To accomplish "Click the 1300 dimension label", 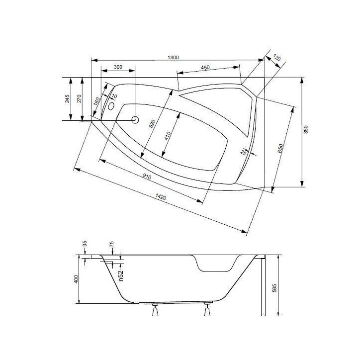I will click(x=173, y=58).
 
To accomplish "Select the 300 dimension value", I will click(x=118, y=67).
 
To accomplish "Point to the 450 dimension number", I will click(x=208, y=68).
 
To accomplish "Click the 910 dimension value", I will click(x=147, y=177).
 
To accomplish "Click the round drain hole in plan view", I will click(x=134, y=119).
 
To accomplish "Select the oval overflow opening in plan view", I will click(x=111, y=105).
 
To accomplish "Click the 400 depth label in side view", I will click(x=76, y=280).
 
